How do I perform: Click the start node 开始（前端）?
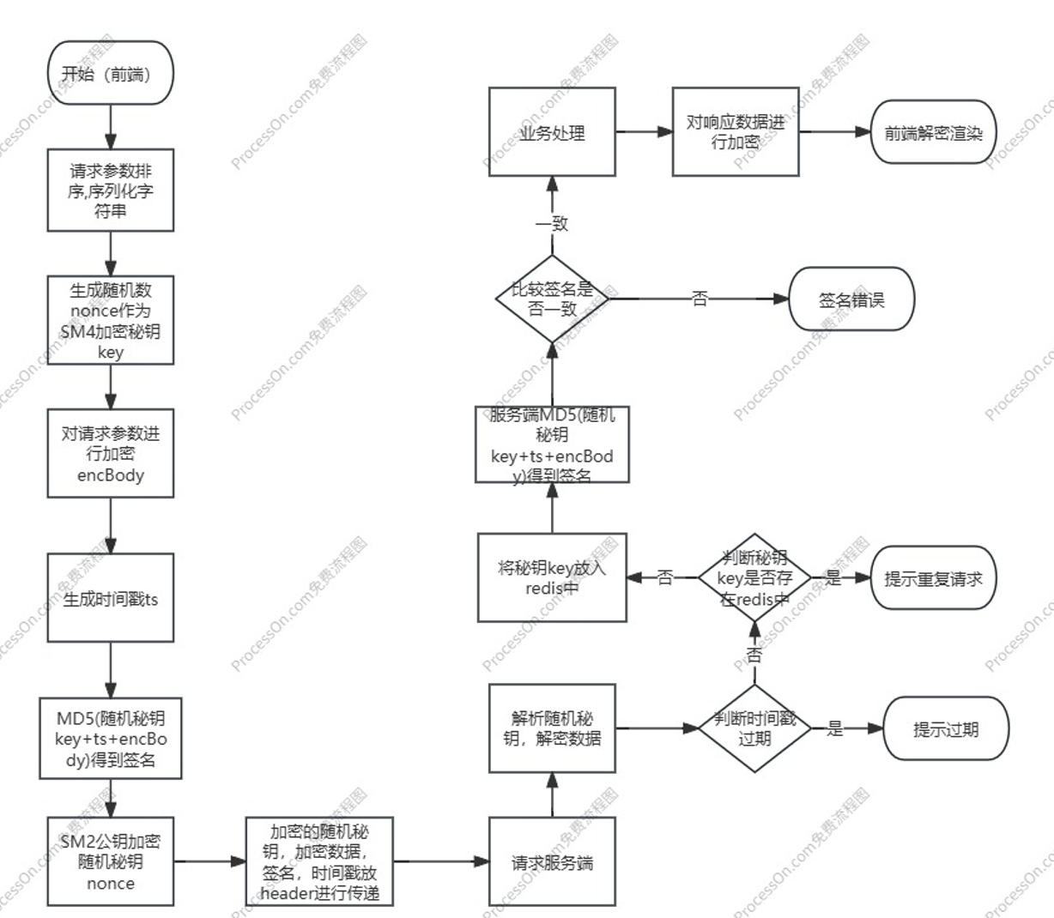[x=110, y=74]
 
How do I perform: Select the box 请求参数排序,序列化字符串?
[x=110, y=190]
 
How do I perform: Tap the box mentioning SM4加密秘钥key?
[x=110, y=320]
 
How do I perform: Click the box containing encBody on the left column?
[x=110, y=453]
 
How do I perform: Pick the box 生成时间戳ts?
[x=110, y=599]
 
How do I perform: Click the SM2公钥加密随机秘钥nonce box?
[x=110, y=861]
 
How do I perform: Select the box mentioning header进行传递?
[x=318, y=861]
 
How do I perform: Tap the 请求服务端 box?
[x=552, y=862]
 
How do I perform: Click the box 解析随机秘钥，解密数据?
[x=552, y=728]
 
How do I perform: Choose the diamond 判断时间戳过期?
[x=754, y=728]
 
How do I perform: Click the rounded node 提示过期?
[x=946, y=729]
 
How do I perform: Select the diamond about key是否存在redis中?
[x=754, y=577]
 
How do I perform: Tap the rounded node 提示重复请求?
[x=933, y=578]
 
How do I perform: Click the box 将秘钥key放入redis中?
[x=552, y=577]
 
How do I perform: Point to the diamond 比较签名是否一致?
[x=552, y=299]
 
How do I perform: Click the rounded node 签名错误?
[x=851, y=299]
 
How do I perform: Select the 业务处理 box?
[x=552, y=132]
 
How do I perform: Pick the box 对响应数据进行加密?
[x=736, y=131]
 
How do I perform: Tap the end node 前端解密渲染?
[x=933, y=132]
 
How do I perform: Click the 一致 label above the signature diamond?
[x=552, y=224]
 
